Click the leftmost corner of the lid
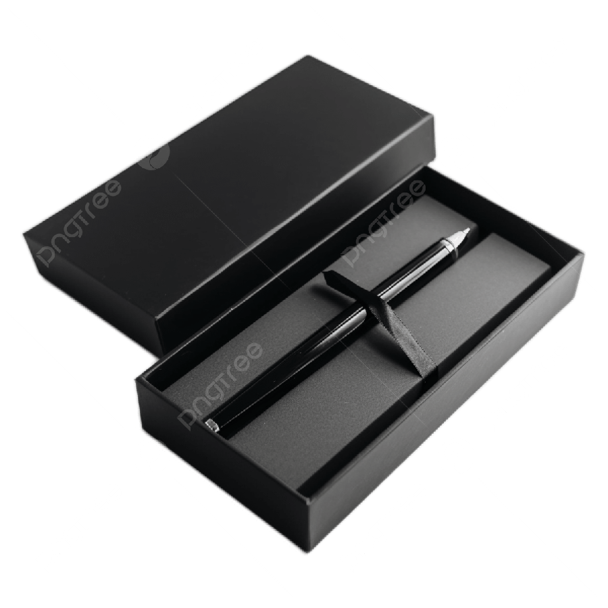tap(22, 234)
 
